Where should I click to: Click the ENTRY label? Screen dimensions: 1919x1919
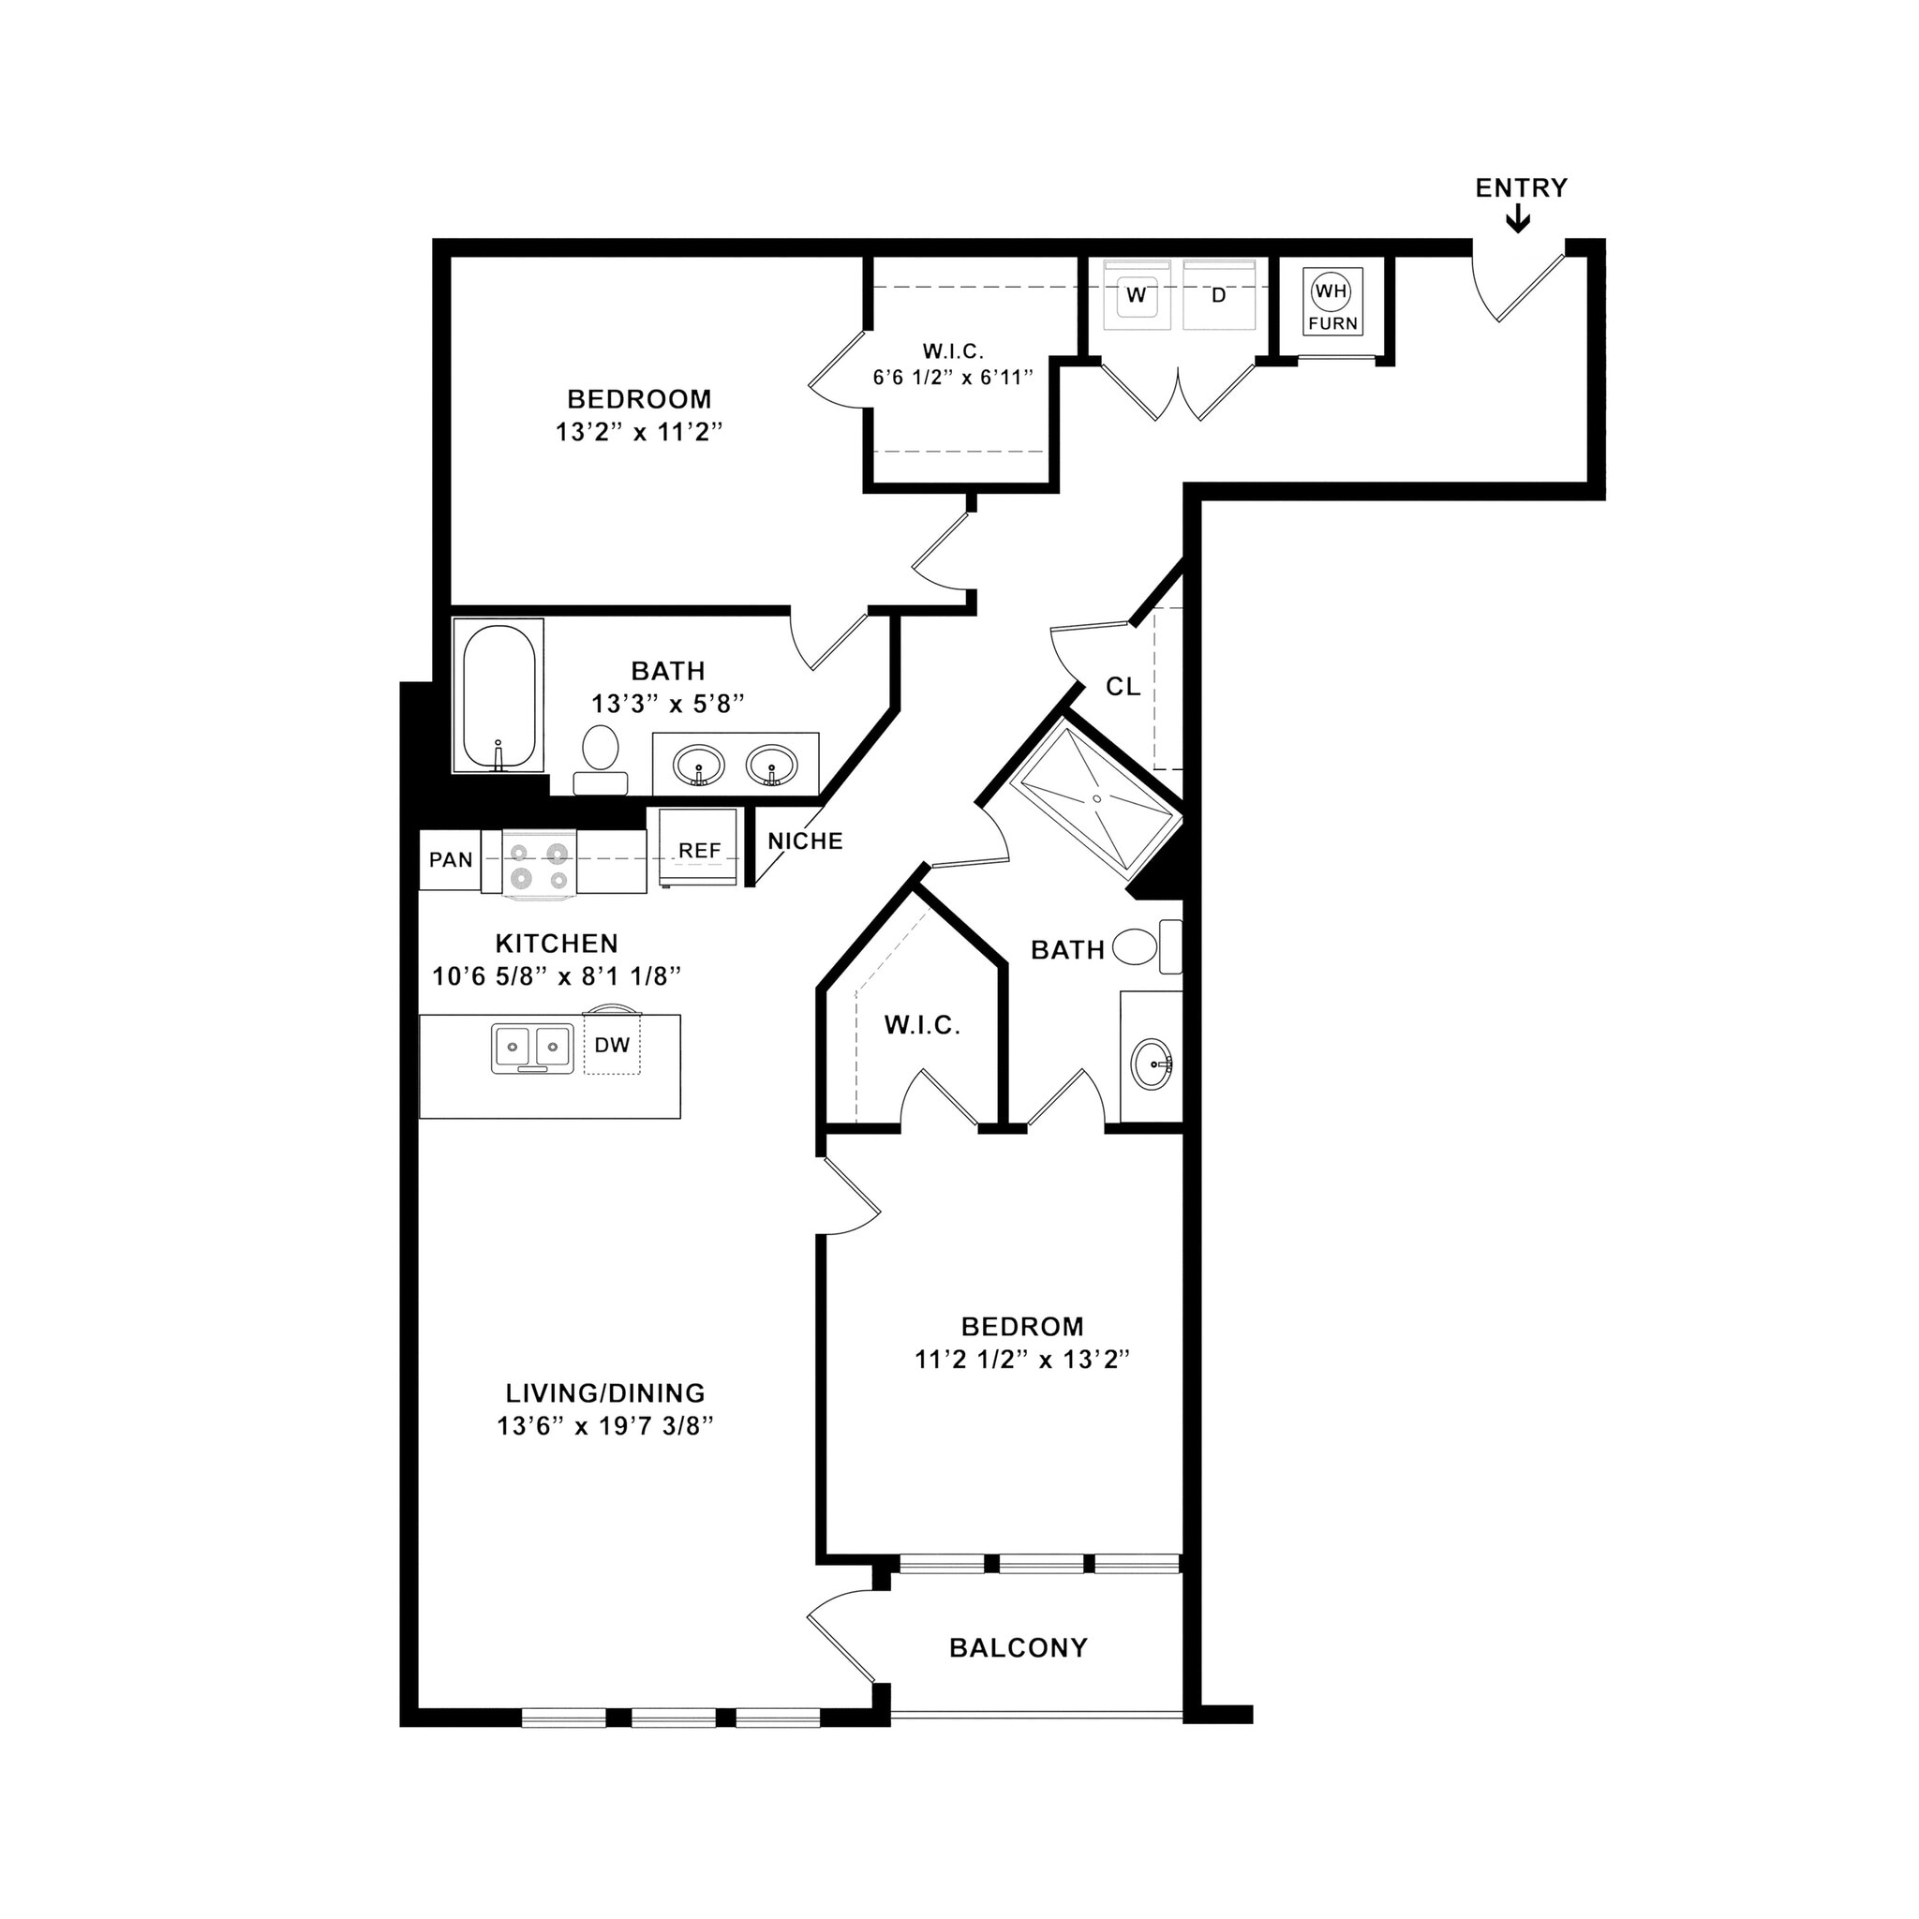[x=1520, y=187]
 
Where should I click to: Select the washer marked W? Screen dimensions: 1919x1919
[x=1136, y=295]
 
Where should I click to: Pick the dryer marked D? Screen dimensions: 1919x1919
[x=1219, y=295]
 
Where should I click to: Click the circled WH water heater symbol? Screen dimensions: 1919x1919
[x=1331, y=291]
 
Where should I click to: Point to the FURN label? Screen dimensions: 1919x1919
[x=1332, y=324]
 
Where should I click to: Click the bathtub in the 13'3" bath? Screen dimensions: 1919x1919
[x=498, y=695]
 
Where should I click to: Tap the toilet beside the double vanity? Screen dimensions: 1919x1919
[x=600, y=751]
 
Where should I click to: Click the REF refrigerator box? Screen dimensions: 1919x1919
[x=699, y=850]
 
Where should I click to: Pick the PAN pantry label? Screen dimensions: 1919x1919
[x=450, y=860]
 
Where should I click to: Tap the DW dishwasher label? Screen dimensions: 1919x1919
[x=612, y=1045]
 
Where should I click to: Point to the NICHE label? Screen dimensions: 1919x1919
[x=805, y=841]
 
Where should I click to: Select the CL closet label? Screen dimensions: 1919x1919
[x=1123, y=686]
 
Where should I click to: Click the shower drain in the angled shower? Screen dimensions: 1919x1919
[x=1096, y=797]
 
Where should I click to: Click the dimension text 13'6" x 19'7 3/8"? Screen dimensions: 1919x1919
[x=606, y=1426]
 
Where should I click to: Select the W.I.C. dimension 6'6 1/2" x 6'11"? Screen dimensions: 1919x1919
[x=953, y=378]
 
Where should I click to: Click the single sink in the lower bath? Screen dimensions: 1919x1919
[x=1153, y=1064]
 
